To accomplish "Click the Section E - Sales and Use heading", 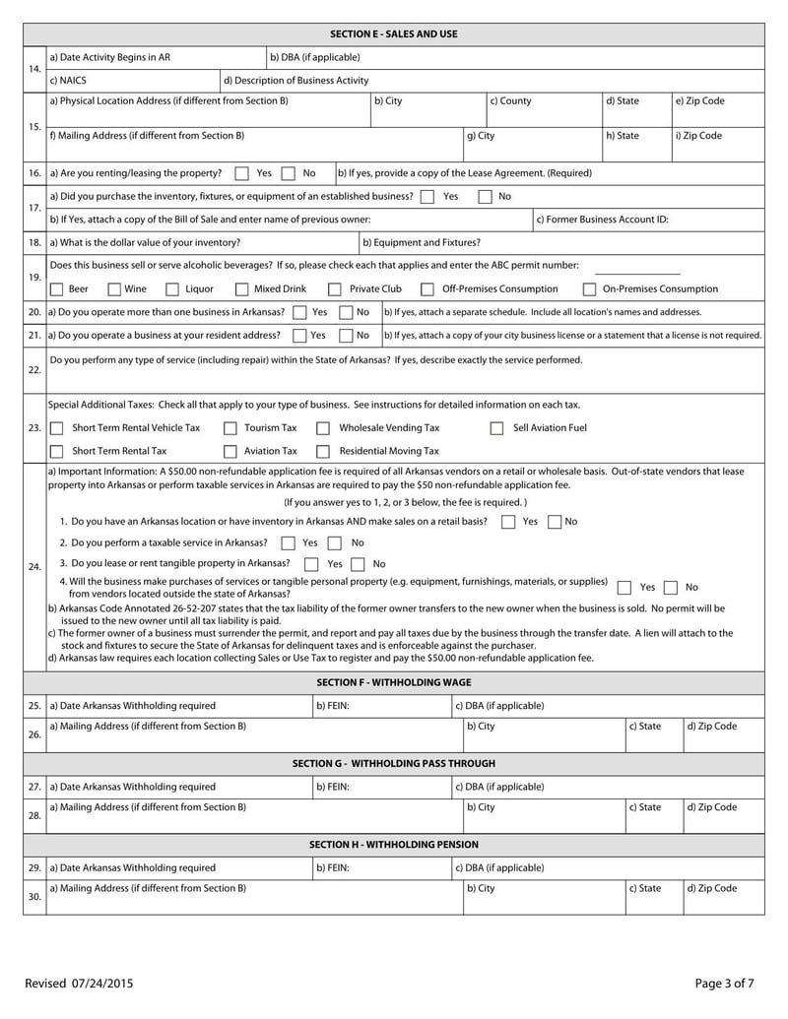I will pyautogui.click(x=394, y=34).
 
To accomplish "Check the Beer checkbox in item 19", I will pyautogui.click(x=57, y=289).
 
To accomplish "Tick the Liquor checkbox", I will pyautogui.click(x=172, y=289).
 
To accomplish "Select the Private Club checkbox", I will pyautogui.click(x=335, y=289).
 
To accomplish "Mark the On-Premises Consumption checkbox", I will pyautogui.click(x=589, y=289).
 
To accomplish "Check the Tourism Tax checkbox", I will pyautogui.click(x=230, y=428).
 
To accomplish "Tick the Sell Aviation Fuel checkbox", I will pyautogui.click(x=497, y=428).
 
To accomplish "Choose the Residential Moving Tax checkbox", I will pyautogui.click(x=323, y=451).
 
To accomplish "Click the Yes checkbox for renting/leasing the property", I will pyautogui.click(x=242, y=173).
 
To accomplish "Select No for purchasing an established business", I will pyautogui.click(x=485, y=196).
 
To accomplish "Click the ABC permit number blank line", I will pyautogui.click(x=637, y=271).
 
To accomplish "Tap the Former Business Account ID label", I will pyautogui.click(x=602, y=219).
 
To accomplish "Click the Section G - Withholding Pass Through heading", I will pyautogui.click(x=394, y=764).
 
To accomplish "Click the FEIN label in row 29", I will pyautogui.click(x=332, y=868).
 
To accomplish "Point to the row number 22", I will pyautogui.click(x=34, y=370).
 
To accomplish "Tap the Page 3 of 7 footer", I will pyautogui.click(x=724, y=983).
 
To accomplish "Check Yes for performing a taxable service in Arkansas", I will pyautogui.click(x=288, y=543).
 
